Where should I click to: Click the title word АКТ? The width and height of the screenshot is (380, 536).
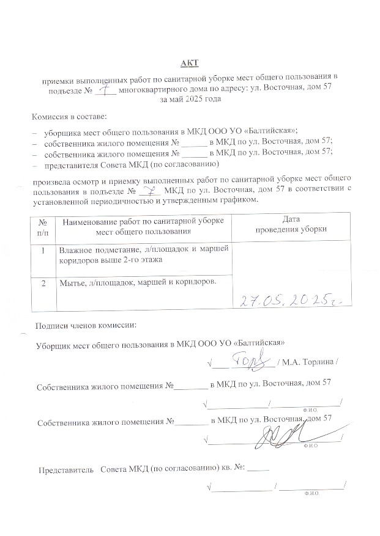click(190, 63)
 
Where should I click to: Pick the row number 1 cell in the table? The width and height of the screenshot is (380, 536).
click(43, 250)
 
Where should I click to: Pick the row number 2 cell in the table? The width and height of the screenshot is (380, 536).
click(43, 283)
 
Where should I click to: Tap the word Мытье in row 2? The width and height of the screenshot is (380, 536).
click(72, 282)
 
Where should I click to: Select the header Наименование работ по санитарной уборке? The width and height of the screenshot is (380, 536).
click(144, 221)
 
